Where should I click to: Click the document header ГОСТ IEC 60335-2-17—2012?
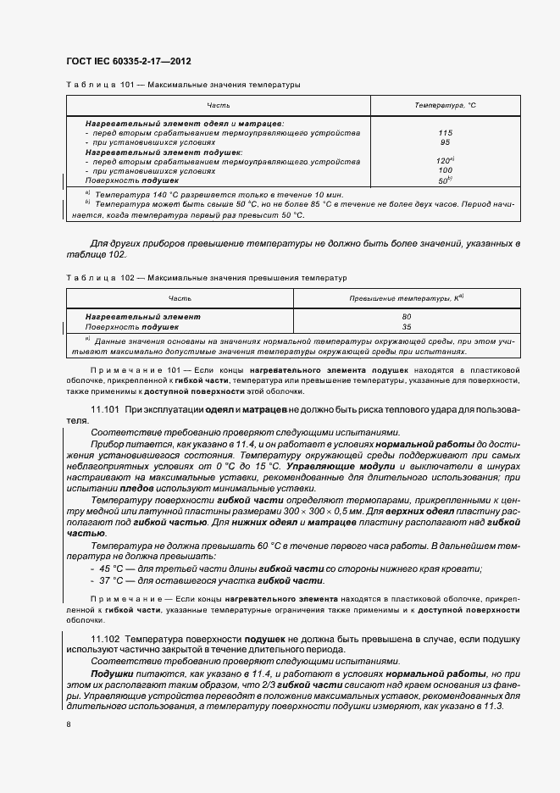point(127,61)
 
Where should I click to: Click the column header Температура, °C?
point(446,106)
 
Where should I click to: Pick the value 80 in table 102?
point(407,317)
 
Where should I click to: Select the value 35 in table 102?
point(407,326)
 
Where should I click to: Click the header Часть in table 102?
point(180,299)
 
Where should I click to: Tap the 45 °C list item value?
point(109,569)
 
